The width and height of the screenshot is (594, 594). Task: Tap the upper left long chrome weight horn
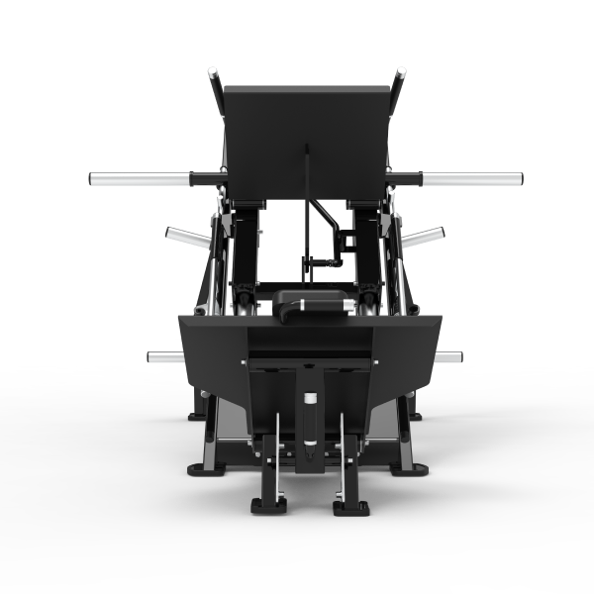[x=139, y=179]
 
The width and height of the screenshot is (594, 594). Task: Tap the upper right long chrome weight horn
[x=472, y=179]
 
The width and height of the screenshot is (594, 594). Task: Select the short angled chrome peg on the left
[x=186, y=237]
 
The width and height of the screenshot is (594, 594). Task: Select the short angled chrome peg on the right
[x=424, y=237]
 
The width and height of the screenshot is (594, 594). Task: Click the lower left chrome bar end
[x=162, y=356]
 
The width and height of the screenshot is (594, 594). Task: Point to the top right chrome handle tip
[x=399, y=75]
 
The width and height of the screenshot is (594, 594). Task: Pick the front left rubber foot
[x=268, y=506]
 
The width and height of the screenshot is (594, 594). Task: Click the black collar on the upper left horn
[x=208, y=179]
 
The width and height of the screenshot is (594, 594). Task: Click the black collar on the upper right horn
[x=404, y=179]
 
